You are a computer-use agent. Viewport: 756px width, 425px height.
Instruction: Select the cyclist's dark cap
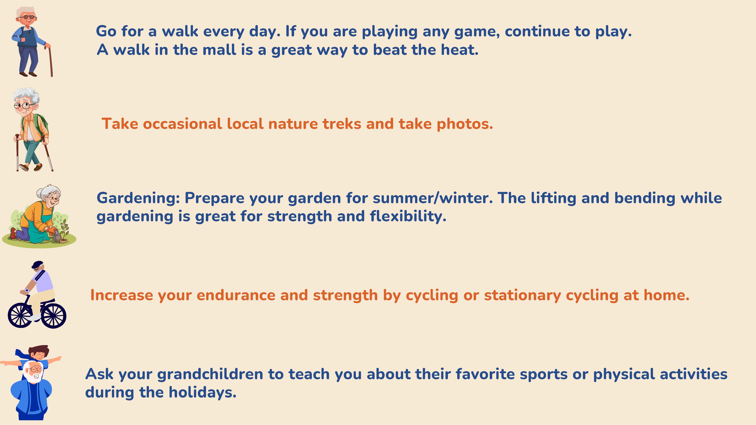37,264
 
